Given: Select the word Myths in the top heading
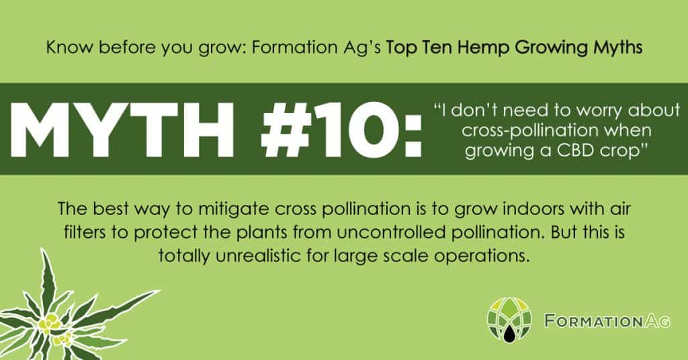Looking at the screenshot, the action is click(x=618, y=48).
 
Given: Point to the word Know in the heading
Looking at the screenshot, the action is click(x=70, y=48).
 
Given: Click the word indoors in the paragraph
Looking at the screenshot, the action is click(x=533, y=209).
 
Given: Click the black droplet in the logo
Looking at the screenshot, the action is click(x=509, y=333).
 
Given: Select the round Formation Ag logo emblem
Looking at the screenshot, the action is click(x=509, y=320).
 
